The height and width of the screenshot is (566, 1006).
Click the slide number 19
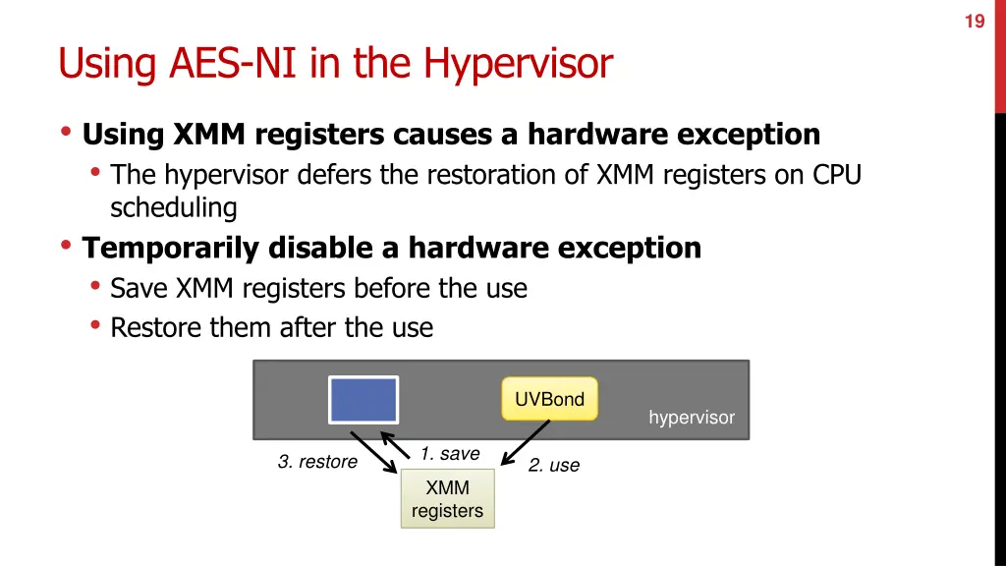pyautogui.click(x=974, y=20)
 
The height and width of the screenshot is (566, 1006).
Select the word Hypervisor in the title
pyautogui.click(x=518, y=64)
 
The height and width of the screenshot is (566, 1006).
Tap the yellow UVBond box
pyautogui.click(x=549, y=399)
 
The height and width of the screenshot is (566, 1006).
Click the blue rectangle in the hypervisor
pyautogui.click(x=363, y=400)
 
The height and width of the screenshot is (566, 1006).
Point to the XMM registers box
pyautogui.click(x=447, y=499)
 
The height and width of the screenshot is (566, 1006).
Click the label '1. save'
pyautogui.click(x=450, y=453)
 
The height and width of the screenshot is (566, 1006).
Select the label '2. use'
pyautogui.click(x=554, y=465)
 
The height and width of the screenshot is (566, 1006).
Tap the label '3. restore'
pyautogui.click(x=317, y=461)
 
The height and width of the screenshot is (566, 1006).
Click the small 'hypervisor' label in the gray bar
pyautogui.click(x=691, y=418)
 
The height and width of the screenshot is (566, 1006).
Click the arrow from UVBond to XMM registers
pyautogui.click(x=526, y=442)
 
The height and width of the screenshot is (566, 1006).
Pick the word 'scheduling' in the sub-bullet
pyautogui.click(x=174, y=208)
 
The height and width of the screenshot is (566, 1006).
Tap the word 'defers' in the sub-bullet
pyautogui.click(x=329, y=174)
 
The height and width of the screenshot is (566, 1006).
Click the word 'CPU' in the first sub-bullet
pyautogui.click(x=837, y=174)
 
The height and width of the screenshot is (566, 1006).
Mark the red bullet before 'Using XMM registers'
pyautogui.click(x=66, y=133)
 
